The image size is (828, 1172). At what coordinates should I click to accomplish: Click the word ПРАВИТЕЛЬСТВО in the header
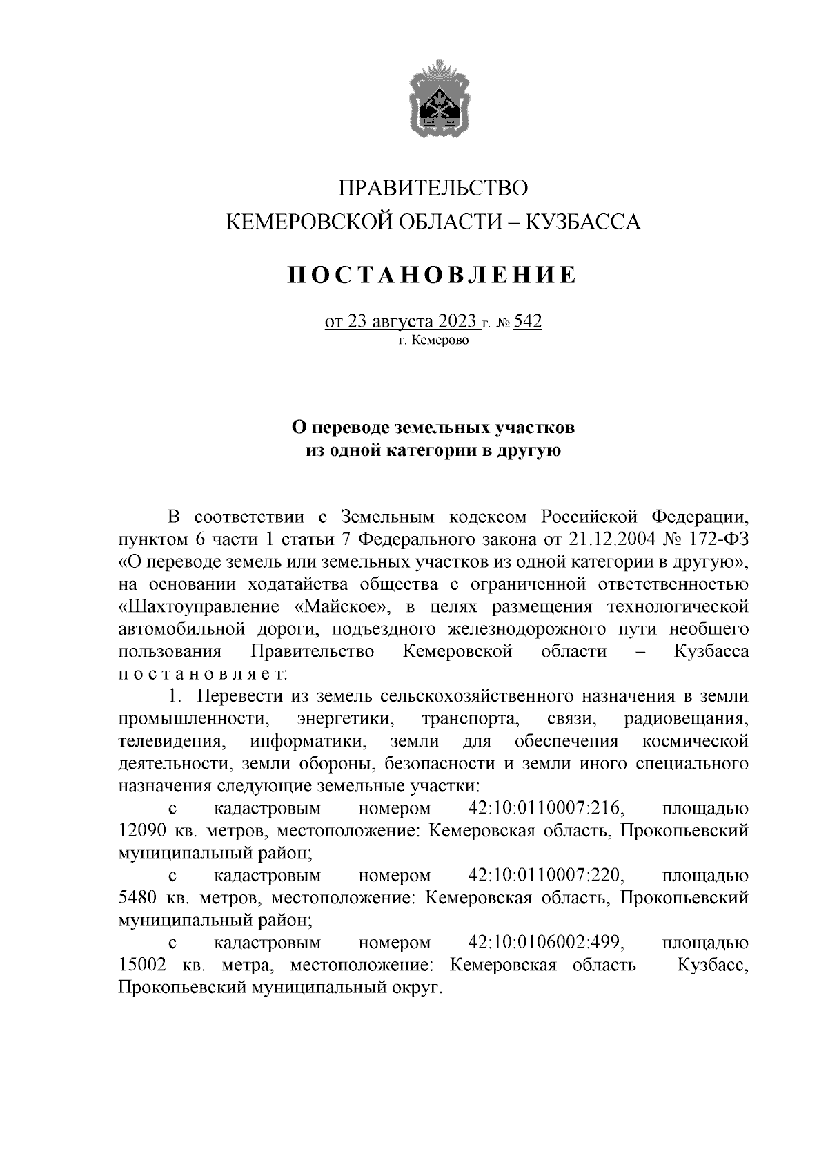tap(433, 188)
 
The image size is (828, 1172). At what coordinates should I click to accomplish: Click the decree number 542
tap(527, 322)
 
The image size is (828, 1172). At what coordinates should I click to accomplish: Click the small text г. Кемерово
tap(433, 340)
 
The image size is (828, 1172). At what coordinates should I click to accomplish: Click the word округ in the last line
tap(416, 988)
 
